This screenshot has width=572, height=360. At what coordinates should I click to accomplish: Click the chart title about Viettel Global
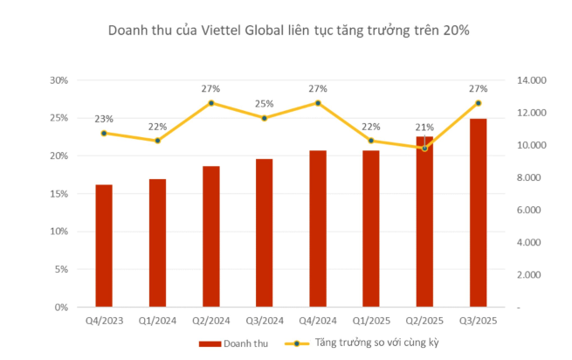tap(288, 31)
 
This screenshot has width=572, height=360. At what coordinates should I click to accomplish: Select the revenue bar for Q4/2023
tap(104, 246)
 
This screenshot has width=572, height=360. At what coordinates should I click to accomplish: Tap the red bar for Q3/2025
tap(479, 213)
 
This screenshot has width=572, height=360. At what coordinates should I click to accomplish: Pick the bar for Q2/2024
tap(210, 237)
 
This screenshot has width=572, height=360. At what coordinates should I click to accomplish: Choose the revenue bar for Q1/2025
tap(371, 229)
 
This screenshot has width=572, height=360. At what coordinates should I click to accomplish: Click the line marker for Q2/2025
tap(424, 148)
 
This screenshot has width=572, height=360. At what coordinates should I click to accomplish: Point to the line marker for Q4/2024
tap(318, 103)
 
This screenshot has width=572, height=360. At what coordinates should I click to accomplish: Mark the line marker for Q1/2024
tap(157, 141)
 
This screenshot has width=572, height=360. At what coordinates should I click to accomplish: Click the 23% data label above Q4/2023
tap(104, 119)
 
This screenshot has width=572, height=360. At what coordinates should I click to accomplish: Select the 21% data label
tap(424, 128)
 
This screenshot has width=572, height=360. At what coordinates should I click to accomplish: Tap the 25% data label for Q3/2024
tap(264, 103)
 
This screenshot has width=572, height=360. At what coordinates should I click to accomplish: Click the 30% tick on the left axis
tap(59, 80)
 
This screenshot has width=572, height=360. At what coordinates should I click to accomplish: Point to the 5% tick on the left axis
tap(61, 270)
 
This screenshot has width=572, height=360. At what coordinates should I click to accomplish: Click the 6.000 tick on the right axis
tap(531, 211)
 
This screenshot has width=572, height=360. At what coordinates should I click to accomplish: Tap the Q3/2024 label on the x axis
tap(264, 320)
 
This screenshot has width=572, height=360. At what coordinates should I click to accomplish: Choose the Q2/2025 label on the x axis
tap(424, 320)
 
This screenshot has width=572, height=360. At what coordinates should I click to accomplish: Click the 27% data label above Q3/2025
tap(479, 88)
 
